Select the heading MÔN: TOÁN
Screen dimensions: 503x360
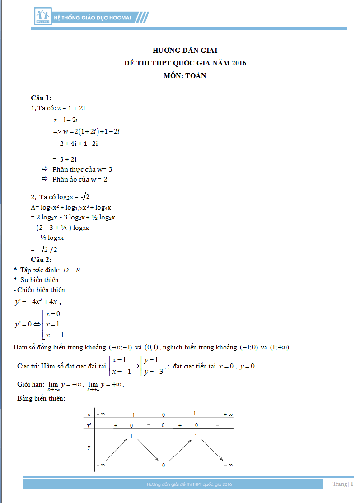coord(185,76)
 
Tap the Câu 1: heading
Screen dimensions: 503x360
coord(41,98)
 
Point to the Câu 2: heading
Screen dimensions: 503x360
coord(41,259)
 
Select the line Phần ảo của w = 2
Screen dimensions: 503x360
coord(79,179)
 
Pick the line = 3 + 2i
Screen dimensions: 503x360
coord(65,159)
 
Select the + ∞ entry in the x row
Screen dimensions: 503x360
coord(228,415)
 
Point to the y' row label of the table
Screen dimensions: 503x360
coord(89,425)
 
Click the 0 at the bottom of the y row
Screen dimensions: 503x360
coord(164,465)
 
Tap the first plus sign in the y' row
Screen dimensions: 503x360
coord(116,425)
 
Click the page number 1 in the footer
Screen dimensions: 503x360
coord(352,484)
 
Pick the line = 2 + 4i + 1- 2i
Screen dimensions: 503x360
coord(75,144)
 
